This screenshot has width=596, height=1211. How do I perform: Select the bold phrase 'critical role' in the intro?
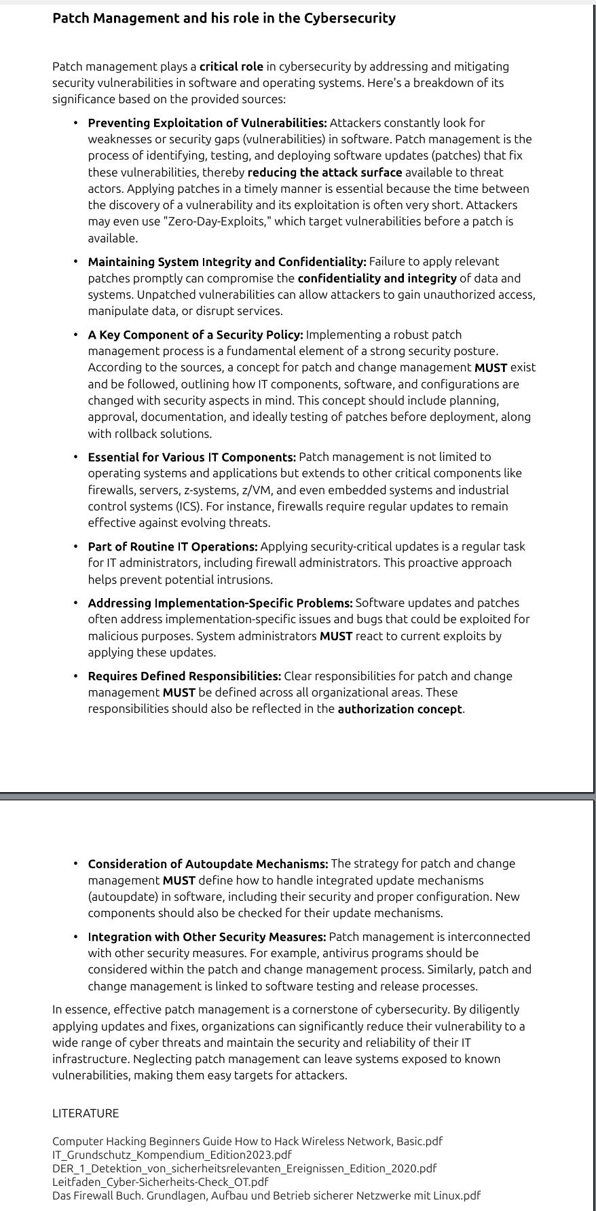[231, 67]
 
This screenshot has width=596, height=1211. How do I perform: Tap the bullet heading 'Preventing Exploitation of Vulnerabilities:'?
[207, 123]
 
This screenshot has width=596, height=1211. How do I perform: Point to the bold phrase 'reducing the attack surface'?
[324, 172]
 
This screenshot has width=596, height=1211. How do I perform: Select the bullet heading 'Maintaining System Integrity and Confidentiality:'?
[227, 262]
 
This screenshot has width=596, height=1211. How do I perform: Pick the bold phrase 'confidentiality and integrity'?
[377, 278]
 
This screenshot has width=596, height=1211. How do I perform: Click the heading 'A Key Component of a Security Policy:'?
[195, 335]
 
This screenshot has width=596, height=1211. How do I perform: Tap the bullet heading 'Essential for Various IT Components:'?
[191, 457]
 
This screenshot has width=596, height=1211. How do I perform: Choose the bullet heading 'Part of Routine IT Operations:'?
[172, 546]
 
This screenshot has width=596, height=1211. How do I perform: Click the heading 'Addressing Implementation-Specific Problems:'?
[220, 603]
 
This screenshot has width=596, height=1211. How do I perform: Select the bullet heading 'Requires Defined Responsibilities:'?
[184, 676]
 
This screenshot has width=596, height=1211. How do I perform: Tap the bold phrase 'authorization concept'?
[400, 709]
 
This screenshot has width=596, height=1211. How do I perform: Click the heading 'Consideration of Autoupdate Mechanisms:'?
[208, 864]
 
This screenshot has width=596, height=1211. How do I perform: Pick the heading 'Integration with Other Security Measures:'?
[207, 937]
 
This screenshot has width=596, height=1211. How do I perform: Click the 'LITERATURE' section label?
[86, 1113]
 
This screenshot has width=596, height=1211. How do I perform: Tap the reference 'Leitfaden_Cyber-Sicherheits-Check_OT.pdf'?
[160, 1182]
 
